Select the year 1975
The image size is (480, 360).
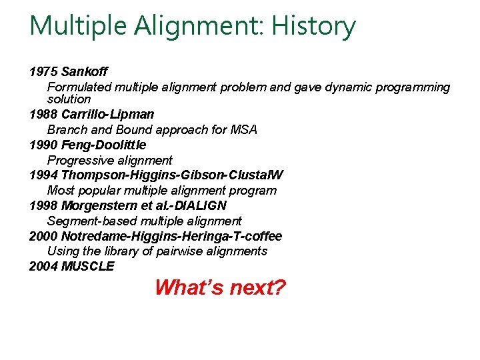click(x=43, y=71)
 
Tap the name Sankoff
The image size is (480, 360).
click(x=84, y=71)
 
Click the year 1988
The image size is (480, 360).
click(x=43, y=114)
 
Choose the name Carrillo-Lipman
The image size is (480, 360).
click(x=107, y=114)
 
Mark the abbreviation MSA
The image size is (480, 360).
click(x=243, y=129)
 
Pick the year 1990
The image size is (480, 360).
click(x=43, y=145)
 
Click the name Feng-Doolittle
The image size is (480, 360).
click(x=103, y=145)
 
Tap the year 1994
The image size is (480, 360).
click(x=43, y=175)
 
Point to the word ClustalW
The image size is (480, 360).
click(x=256, y=175)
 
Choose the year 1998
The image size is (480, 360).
click(x=43, y=205)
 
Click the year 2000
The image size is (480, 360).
click(x=43, y=236)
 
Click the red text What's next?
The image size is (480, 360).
click(x=220, y=288)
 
